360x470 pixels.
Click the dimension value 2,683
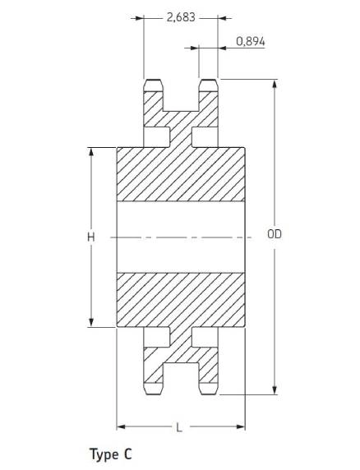[x=181, y=17]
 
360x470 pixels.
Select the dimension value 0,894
[x=251, y=41]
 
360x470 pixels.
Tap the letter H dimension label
[x=91, y=237]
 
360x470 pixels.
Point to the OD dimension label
[x=275, y=234]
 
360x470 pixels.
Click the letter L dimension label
[x=179, y=427]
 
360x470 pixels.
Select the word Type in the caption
[x=104, y=454]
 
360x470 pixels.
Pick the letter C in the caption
[x=127, y=454]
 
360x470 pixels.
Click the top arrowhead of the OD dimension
[x=275, y=84]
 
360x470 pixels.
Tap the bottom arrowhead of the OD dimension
[x=275, y=390]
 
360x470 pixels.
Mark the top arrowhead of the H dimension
[x=91, y=152]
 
